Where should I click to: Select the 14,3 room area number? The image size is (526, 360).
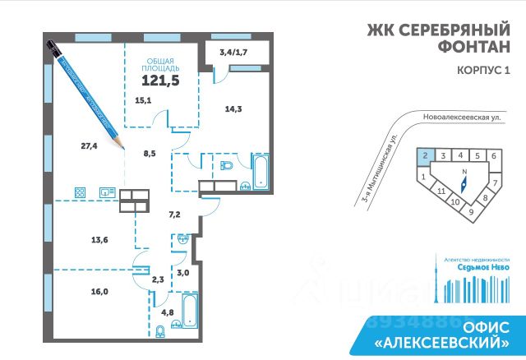(x=236, y=107)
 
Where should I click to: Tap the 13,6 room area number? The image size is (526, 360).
(x=78, y=240)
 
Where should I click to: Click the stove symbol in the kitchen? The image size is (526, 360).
(x=81, y=192)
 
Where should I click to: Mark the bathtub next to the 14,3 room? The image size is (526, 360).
(x=259, y=169)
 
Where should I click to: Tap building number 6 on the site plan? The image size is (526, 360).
(x=495, y=155)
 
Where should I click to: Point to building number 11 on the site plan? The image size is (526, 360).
(x=441, y=191)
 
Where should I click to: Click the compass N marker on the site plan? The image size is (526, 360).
(x=464, y=172)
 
